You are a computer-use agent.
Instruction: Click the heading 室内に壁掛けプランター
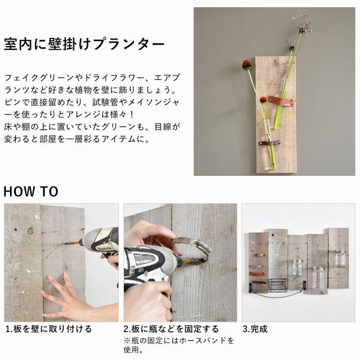84,45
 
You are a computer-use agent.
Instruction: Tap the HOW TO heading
31,191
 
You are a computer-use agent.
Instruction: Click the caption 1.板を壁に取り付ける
48,329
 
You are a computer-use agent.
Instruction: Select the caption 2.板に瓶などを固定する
171,329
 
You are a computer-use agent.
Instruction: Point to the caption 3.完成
255,329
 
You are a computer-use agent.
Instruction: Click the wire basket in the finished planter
278,285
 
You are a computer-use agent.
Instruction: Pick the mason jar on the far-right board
340,259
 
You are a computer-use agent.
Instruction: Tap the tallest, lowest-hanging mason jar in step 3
317,278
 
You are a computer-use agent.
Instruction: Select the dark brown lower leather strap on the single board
269,143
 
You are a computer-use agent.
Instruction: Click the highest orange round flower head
247,64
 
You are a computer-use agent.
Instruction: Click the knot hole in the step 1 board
30,231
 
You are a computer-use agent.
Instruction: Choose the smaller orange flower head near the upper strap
264,99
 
